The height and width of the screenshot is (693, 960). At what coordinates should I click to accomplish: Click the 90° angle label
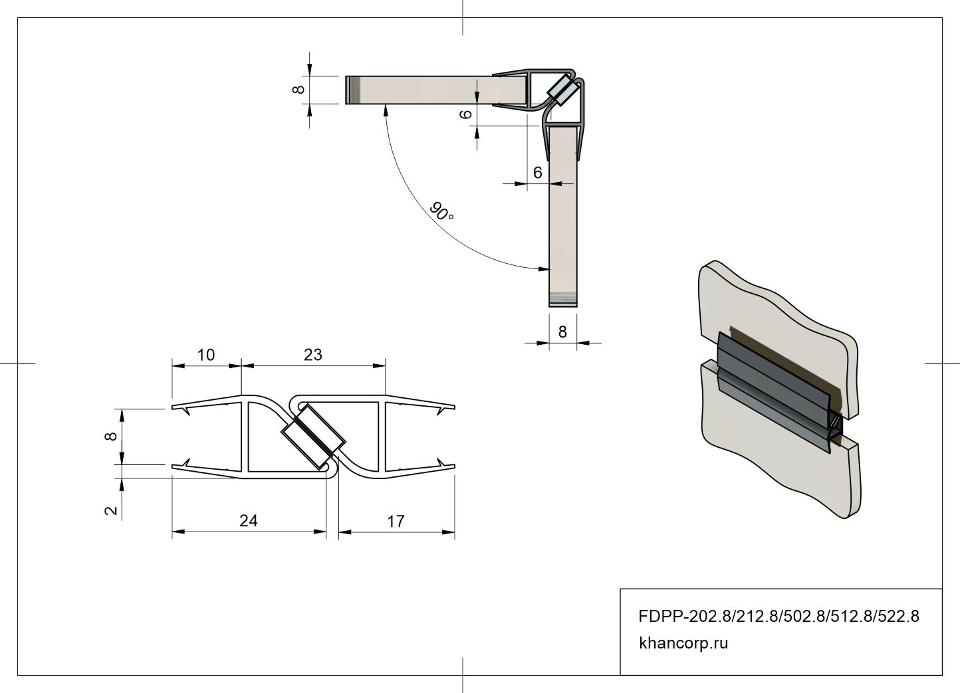441,211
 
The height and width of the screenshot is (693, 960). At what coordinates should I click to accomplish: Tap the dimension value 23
313,355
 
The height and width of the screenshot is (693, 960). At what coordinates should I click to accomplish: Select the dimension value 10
205,355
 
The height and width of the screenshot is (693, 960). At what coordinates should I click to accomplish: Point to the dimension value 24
249,521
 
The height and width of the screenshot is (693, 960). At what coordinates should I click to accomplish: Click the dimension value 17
396,522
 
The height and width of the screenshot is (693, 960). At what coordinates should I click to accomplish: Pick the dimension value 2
111,510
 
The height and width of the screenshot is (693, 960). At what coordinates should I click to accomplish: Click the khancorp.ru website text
683,643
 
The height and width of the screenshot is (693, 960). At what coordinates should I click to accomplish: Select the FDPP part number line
779,616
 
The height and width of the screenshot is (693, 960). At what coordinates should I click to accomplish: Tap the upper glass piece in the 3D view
778,338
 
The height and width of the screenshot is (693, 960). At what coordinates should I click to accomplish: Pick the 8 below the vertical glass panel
562,332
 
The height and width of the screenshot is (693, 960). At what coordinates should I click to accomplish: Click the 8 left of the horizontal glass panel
299,90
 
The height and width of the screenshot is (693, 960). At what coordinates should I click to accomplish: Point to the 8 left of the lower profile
110,436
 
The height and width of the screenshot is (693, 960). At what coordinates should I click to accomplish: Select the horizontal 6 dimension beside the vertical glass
537,172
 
